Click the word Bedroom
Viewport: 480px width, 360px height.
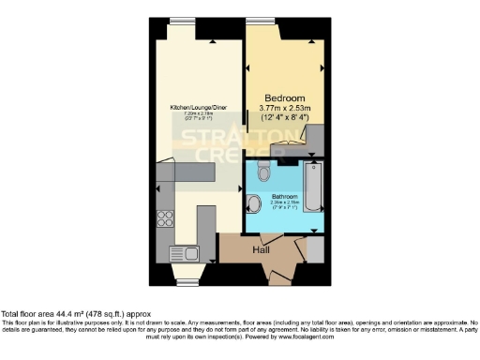(x=283, y=98)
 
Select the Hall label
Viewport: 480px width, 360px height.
(x=262, y=250)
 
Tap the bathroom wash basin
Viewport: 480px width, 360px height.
(x=253, y=206)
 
